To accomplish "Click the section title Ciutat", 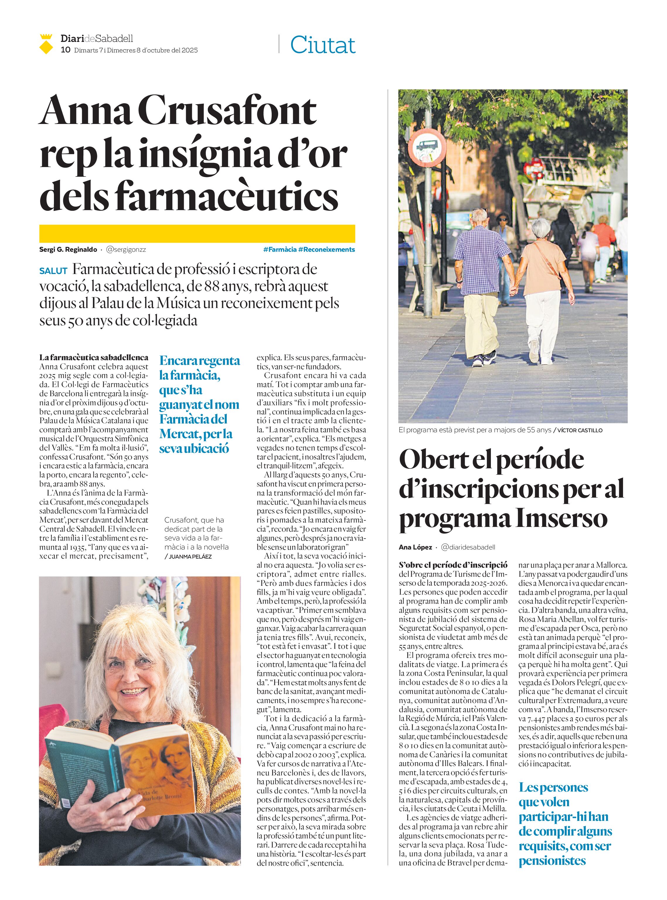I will point(323,45).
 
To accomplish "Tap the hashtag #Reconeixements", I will point(327,249).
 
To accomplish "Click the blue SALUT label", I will point(53,271).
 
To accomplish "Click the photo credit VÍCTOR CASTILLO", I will point(579,431).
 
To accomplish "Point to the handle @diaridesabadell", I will point(468,547).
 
